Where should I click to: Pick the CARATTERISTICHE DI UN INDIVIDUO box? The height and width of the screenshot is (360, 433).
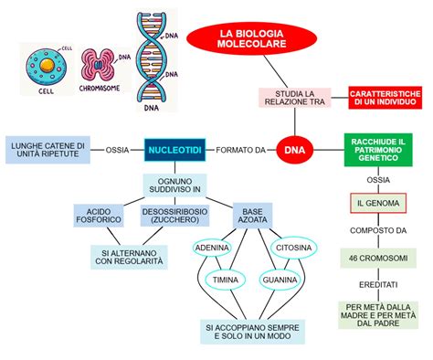coord(384,99)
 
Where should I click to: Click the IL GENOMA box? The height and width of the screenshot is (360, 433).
coord(376,203)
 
